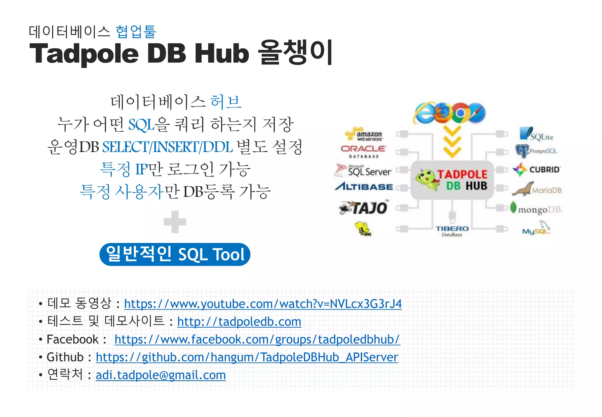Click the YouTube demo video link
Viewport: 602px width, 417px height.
[263, 304]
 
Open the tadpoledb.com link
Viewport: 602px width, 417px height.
[239, 322]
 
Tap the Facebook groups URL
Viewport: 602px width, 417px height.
[257, 340]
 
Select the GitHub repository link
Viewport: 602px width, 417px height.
[247, 357]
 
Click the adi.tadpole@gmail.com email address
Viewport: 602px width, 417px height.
[161, 375]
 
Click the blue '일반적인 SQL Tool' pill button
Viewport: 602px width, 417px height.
[175, 254]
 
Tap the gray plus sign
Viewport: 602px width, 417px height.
[175, 222]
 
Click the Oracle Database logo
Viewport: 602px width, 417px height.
[363, 151]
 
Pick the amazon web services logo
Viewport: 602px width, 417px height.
[364, 134]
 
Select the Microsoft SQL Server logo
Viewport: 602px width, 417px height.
[363, 170]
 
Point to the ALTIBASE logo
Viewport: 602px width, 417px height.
[364, 186]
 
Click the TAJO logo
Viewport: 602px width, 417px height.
[364, 208]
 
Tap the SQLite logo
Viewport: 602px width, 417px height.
[536, 134]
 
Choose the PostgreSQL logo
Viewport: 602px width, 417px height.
[536, 151]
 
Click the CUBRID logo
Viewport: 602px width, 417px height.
[536, 170]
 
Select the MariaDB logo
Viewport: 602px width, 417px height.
[537, 189]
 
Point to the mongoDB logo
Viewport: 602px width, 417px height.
[536, 208]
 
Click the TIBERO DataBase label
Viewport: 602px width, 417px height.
[452, 231]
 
